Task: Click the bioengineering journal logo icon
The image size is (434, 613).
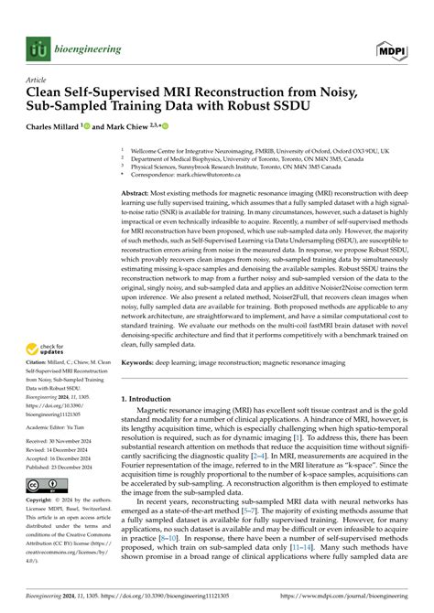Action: point(38,50)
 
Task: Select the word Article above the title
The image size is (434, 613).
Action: point(37,80)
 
